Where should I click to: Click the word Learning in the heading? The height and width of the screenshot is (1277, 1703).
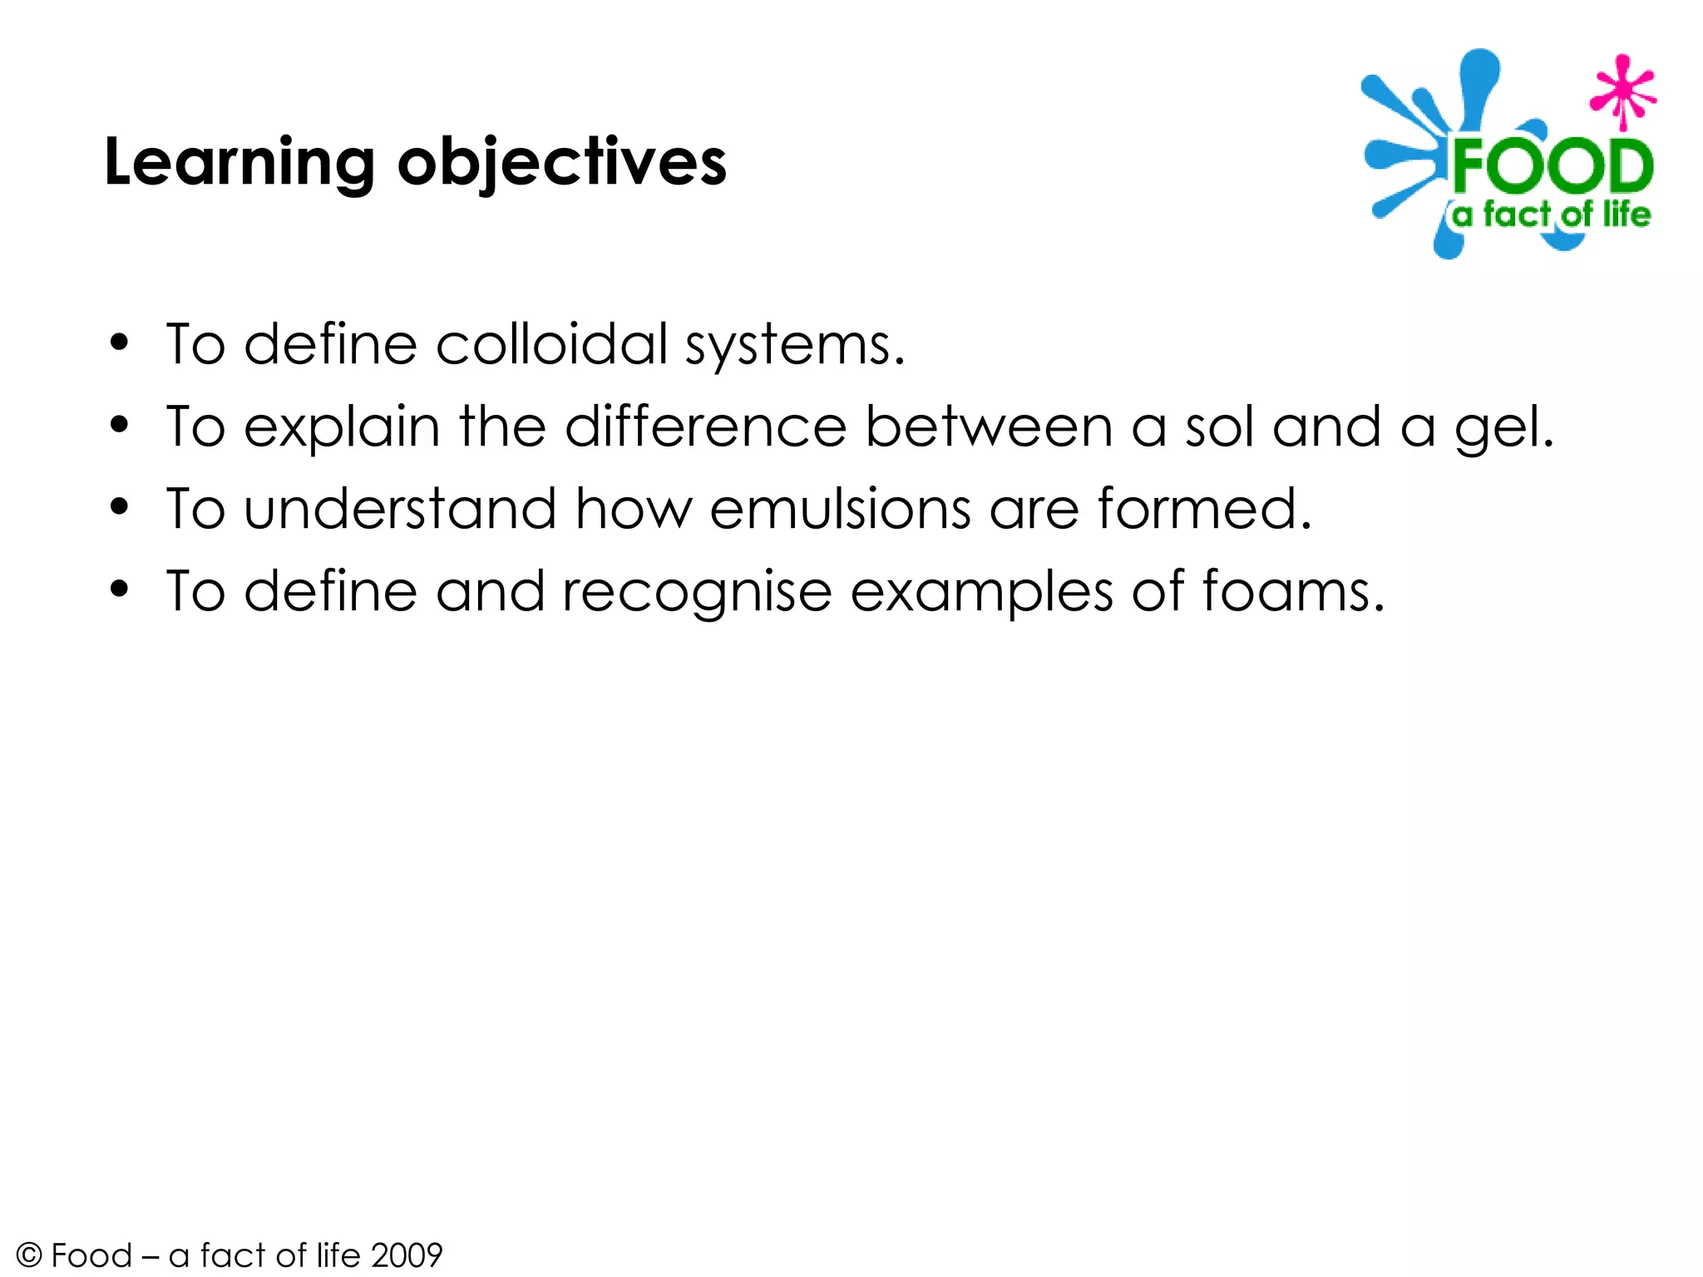point(239,163)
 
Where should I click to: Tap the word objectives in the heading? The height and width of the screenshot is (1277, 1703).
point(562,163)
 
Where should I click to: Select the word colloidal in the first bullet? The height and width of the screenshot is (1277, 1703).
point(551,344)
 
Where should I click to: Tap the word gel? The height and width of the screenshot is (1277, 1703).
point(1496,429)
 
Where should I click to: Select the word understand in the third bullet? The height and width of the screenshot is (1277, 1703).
point(400,509)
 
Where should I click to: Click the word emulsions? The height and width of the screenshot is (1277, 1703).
point(840,509)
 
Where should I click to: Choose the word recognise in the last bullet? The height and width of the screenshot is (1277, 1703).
point(697,592)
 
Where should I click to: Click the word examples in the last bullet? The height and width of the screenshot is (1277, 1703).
point(981,592)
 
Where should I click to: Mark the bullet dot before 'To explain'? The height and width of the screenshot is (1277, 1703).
point(120,426)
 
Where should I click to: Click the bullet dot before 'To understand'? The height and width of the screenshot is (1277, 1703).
point(120,508)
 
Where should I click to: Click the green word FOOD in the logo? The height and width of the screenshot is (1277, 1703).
point(1552,167)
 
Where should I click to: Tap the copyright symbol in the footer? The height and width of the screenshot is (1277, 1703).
point(29,1255)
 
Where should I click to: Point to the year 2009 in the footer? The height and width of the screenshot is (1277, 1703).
point(407,1255)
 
